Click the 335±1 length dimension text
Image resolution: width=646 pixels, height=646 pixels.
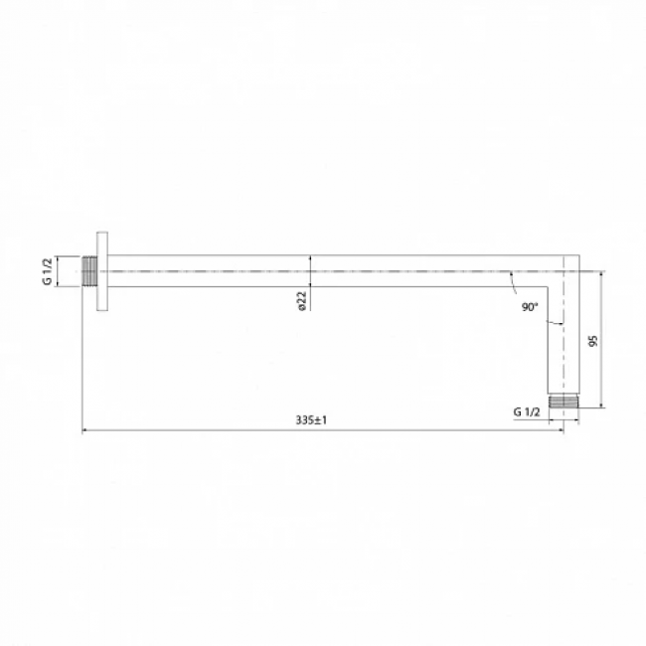(311, 420)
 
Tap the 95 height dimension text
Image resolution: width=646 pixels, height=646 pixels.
(593, 341)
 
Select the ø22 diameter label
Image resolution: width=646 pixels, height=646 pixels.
(302, 301)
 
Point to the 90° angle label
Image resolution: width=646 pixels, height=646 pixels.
(530, 307)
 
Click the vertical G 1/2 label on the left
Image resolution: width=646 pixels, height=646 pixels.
(48, 271)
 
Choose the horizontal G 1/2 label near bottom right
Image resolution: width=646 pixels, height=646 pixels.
(527, 411)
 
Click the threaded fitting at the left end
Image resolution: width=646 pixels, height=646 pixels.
(89, 271)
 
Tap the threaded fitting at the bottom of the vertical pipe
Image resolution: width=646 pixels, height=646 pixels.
(564, 401)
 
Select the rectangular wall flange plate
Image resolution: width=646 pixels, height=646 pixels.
(102, 271)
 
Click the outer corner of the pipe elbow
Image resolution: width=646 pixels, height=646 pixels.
(579, 255)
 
